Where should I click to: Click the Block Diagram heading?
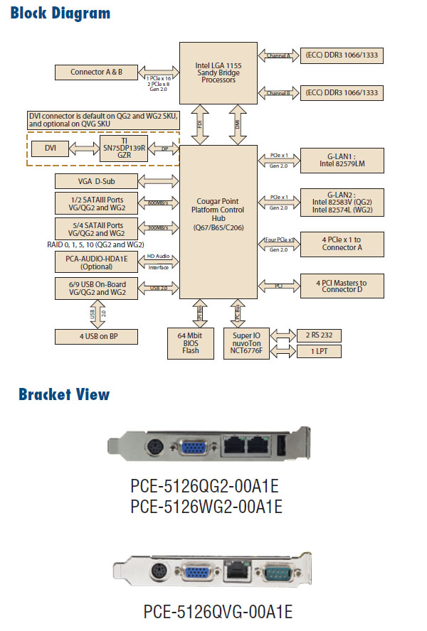(x=61, y=14)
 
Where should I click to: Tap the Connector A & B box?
(x=96, y=72)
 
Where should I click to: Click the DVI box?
(x=51, y=148)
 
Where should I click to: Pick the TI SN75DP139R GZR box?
(x=124, y=148)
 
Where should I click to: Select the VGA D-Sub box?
(x=96, y=181)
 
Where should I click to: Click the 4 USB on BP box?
(x=96, y=337)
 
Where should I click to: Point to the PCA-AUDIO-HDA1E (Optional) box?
(x=96, y=261)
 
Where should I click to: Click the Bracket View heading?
(x=64, y=394)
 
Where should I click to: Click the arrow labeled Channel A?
(x=278, y=55)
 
